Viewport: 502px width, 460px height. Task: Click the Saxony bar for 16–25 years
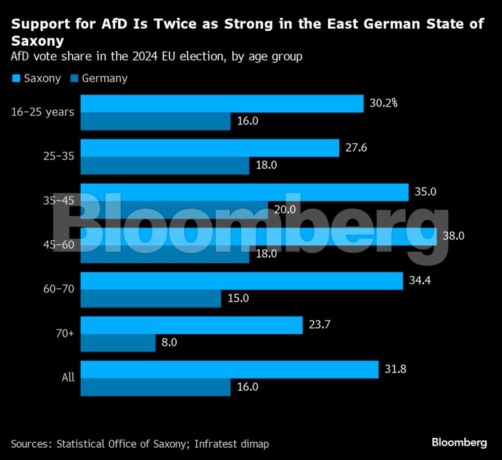click(222, 104)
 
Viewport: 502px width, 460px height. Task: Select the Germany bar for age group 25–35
click(165, 166)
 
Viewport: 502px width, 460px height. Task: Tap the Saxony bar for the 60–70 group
click(242, 281)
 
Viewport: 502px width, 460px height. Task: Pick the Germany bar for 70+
click(118, 343)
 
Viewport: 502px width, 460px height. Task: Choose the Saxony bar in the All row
click(229, 369)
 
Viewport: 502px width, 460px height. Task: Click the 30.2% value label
click(384, 103)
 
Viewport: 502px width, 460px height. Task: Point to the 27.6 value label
click(356, 148)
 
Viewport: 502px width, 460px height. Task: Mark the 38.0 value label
click(453, 236)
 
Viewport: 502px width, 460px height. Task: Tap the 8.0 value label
click(169, 342)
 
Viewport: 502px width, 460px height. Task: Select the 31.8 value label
click(395, 369)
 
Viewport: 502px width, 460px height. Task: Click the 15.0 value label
click(238, 298)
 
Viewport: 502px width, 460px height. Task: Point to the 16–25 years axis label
click(43, 112)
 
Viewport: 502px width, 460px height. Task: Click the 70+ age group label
click(65, 334)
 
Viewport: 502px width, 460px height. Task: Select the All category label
click(68, 377)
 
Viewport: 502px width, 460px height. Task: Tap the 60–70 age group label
click(60, 289)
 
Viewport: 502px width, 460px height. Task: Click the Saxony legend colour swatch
click(16, 78)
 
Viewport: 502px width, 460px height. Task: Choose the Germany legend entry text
click(104, 78)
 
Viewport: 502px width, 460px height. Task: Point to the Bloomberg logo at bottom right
click(459, 443)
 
